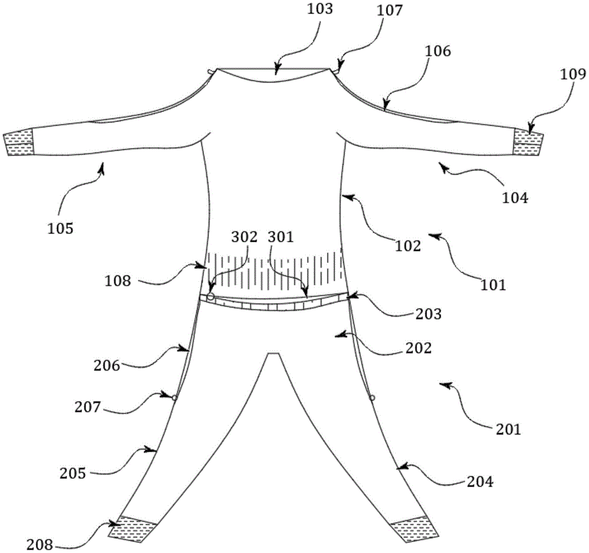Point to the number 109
coord(573,75)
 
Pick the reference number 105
coord(61,228)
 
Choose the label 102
coord(409,246)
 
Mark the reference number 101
coord(494,285)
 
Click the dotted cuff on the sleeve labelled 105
coord(19,144)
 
